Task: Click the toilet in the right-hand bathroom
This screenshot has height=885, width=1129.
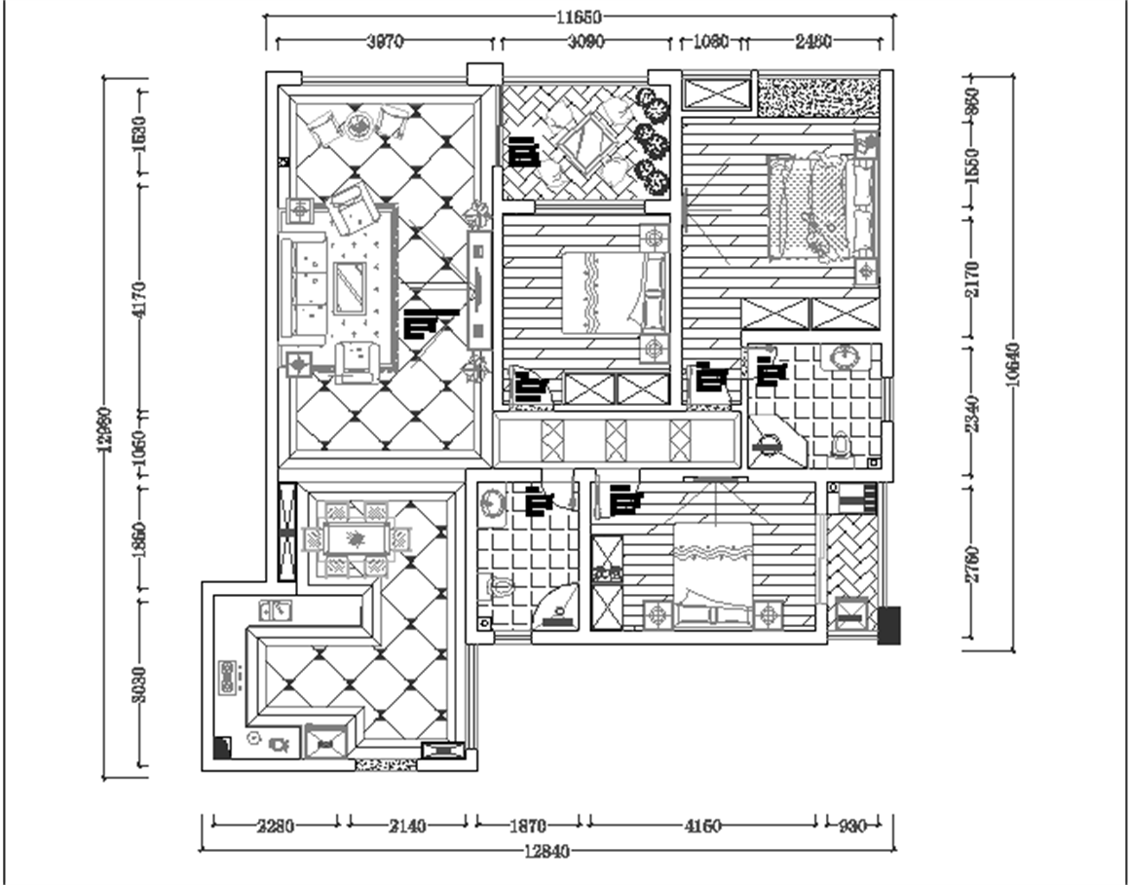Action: (841, 444)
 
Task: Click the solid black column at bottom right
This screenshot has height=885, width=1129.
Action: (889, 625)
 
